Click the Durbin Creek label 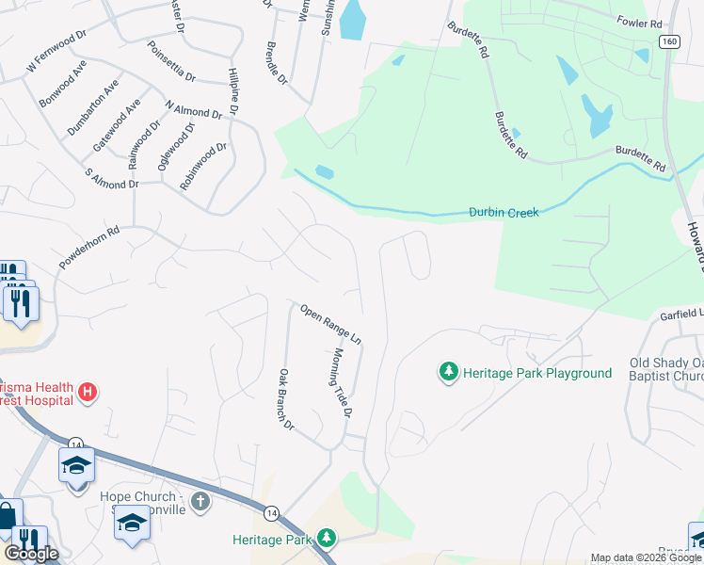tap(504, 213)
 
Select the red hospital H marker tap(88, 391)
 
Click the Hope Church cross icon tap(200, 501)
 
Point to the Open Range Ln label tap(330, 322)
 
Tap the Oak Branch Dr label tap(286, 399)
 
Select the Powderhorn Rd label tap(89, 248)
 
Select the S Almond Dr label tap(111, 179)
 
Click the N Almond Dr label tap(193, 110)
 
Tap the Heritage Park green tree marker tap(327, 538)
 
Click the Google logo tap(31, 554)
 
